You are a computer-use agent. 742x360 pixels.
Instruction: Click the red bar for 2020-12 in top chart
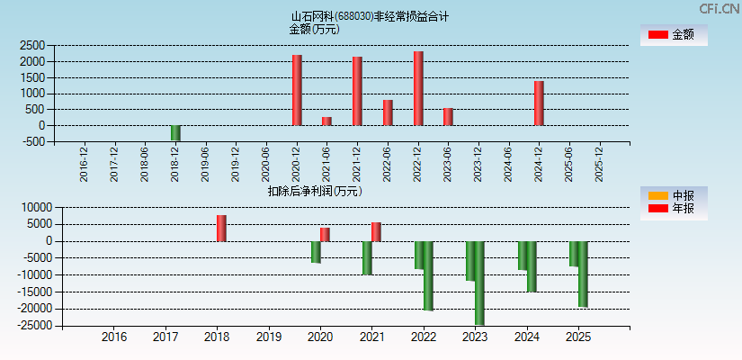tap(297, 90)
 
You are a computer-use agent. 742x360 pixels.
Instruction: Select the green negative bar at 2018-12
tap(175, 133)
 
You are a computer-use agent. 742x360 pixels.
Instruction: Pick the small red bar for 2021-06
tap(326, 121)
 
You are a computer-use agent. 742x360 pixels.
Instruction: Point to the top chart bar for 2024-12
tap(539, 103)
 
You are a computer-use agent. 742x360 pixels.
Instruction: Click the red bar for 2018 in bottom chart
tap(221, 228)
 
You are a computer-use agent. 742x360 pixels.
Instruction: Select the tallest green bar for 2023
tap(479, 283)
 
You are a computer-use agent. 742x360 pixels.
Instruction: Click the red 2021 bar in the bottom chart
tap(376, 231)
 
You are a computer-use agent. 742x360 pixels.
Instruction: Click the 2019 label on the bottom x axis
tap(269, 337)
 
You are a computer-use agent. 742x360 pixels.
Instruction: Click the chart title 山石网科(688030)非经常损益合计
tap(370, 16)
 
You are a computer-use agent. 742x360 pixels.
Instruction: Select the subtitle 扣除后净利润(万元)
tap(314, 191)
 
